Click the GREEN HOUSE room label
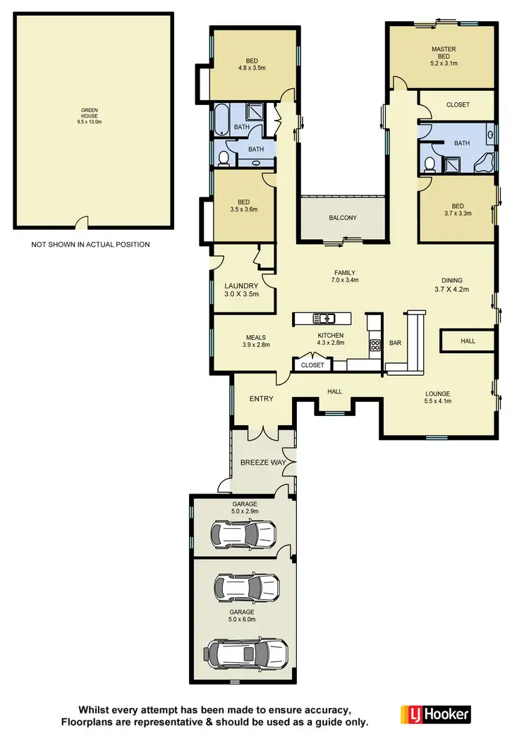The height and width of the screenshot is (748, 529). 90,116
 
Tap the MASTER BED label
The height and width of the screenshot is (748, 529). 444,55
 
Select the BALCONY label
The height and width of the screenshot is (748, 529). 343,218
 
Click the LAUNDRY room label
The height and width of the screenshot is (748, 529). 242,290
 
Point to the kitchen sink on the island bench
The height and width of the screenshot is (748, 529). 324,319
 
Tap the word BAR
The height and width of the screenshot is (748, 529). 396,343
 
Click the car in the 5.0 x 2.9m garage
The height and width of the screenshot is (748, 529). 243,533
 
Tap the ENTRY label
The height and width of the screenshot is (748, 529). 261,399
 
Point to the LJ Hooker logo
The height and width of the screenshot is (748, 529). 434,713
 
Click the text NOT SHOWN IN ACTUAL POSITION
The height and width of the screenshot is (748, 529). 90,245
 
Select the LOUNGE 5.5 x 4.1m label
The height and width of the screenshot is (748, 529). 437,398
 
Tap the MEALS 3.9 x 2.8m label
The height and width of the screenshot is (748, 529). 256,341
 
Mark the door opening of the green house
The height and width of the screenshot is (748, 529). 83,223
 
